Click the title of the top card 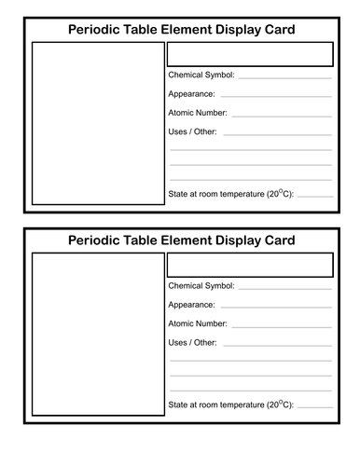182,30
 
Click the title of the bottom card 182,240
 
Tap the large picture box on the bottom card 95,336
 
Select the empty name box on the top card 250,54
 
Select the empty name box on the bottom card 250,265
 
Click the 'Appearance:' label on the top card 192,94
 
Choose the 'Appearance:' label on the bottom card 192,305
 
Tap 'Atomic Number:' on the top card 198,113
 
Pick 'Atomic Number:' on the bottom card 198,323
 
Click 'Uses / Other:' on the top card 193,132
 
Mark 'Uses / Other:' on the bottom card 193,343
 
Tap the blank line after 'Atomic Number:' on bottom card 281,326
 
